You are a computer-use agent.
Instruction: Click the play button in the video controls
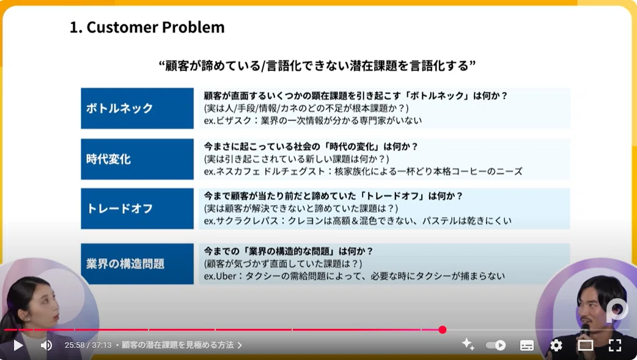click(x=18, y=345)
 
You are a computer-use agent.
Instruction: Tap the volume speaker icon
click(x=46, y=345)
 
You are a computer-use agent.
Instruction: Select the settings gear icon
click(x=556, y=345)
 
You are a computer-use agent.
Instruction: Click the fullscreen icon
click(x=615, y=345)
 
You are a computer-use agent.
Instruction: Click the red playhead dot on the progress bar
click(x=443, y=329)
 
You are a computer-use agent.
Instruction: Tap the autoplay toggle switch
click(x=496, y=345)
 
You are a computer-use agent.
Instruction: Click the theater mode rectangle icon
click(x=586, y=345)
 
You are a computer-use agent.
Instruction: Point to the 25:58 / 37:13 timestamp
click(x=88, y=345)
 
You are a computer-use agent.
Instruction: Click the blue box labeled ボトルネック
click(x=138, y=108)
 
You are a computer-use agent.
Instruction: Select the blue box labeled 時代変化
click(x=138, y=159)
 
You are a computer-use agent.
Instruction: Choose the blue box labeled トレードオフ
click(x=138, y=208)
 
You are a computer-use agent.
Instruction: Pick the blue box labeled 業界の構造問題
click(x=138, y=263)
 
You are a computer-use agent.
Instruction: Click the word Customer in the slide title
click(x=122, y=28)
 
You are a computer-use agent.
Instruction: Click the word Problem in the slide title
click(x=193, y=28)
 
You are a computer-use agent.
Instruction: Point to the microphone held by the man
click(x=585, y=330)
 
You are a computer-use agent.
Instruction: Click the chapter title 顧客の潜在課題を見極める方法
click(x=177, y=345)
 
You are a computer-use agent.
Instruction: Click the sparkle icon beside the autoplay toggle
click(x=468, y=345)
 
